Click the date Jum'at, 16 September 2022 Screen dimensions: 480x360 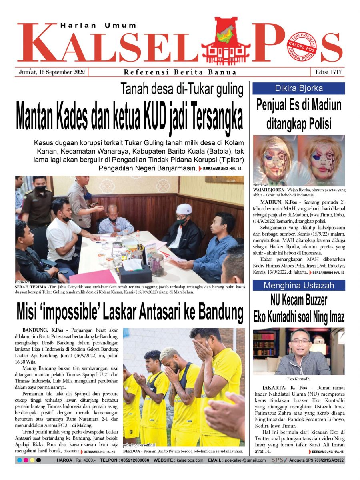(52, 72)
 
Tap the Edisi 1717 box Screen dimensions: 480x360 (327, 72)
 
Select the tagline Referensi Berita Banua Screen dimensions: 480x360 (180, 72)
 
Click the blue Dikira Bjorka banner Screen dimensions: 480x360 (299, 88)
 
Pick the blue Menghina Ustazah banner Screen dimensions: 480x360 (299, 286)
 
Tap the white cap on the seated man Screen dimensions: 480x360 (184, 209)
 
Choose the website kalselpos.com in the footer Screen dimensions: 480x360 (190, 460)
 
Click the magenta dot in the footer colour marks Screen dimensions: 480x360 (26, 460)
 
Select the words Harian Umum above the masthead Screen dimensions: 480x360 (98, 26)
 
